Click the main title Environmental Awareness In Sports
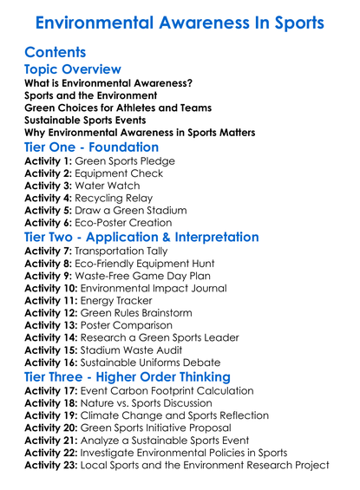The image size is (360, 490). click(180, 23)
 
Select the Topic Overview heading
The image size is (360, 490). click(73, 70)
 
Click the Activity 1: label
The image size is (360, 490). click(49, 161)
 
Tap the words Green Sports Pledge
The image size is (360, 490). click(126, 161)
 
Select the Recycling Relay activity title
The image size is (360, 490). click(127, 198)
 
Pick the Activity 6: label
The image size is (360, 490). click(49, 222)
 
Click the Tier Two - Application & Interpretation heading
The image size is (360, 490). click(154, 238)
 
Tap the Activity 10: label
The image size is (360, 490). click(53, 289)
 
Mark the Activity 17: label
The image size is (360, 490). click(53, 392)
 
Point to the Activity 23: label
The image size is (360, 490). click(53, 465)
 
